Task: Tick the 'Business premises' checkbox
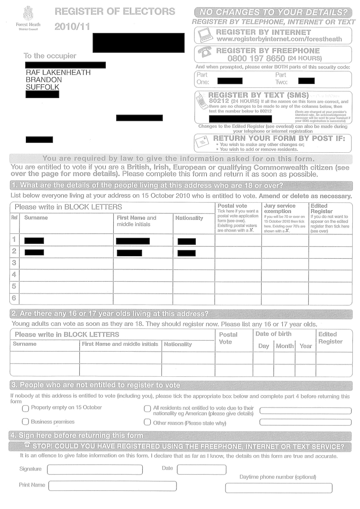point(25,422)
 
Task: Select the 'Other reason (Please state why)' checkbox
point(147,422)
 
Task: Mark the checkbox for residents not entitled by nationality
point(147,409)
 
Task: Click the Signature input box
point(95,470)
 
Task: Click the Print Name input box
point(112,486)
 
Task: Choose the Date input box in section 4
point(202,470)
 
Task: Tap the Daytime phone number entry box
point(278,488)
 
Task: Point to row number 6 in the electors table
point(14,298)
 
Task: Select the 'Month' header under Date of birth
point(284,346)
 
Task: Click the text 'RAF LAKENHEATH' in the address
point(58,73)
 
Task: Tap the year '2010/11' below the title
point(72,27)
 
